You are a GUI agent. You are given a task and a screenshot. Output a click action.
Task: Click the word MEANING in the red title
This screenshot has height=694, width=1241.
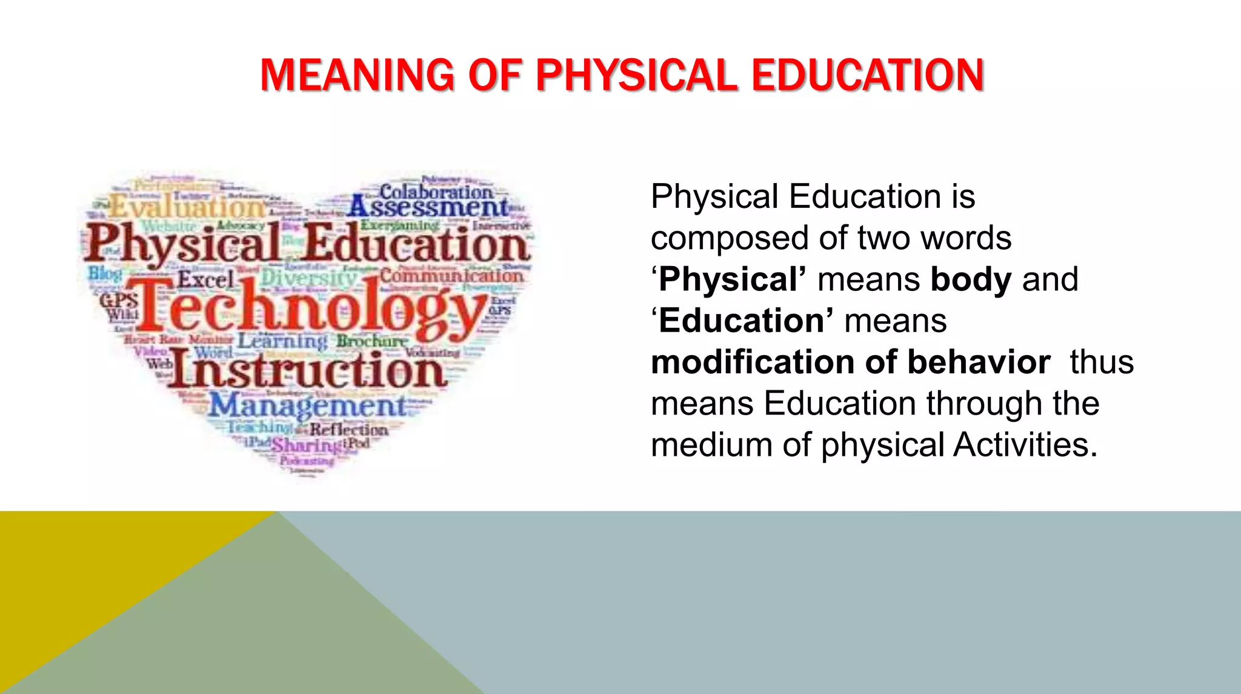357,75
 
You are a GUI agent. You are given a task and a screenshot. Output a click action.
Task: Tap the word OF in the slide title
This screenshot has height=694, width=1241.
494,75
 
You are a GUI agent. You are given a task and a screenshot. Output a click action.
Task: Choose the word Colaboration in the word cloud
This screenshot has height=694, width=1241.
436,192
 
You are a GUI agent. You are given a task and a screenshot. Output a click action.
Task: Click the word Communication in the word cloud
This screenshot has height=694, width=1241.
451,276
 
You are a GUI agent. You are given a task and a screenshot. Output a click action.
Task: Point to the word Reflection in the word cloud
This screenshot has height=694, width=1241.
349,430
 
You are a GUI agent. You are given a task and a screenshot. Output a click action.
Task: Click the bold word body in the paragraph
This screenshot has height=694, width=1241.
971,279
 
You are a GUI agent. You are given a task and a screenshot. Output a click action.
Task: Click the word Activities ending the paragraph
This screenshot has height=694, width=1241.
1025,445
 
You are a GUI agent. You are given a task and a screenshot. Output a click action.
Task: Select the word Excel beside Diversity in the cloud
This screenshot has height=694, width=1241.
205,280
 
